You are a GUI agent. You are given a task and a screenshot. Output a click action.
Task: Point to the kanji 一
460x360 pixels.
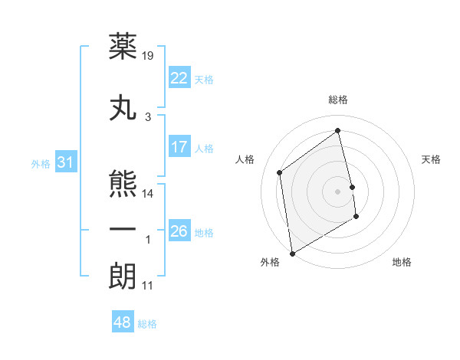tap(123, 229)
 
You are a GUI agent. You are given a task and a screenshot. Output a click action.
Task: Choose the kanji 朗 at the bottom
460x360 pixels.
tap(123, 277)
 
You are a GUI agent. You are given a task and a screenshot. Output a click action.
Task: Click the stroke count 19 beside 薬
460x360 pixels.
tap(149, 56)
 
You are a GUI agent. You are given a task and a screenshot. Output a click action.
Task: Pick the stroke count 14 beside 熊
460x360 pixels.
tap(149, 194)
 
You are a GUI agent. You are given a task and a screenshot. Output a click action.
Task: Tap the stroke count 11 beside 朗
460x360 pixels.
tap(148, 286)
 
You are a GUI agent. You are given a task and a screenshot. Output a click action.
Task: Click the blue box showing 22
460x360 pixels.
tap(179, 77)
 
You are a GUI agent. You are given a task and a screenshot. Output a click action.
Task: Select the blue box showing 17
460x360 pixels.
tap(179, 146)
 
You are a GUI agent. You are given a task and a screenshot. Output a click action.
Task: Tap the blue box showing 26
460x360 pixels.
tap(179, 231)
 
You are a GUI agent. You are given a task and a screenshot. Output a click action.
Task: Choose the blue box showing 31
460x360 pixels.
tap(65, 162)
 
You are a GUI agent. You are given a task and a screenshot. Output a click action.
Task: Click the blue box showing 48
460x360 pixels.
tap(123, 322)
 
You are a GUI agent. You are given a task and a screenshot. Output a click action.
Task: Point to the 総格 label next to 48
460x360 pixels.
tap(147, 324)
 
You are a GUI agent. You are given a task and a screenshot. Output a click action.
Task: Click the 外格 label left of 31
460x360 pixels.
tap(41, 163)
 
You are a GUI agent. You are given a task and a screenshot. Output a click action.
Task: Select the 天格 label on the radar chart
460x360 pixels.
tap(432, 159)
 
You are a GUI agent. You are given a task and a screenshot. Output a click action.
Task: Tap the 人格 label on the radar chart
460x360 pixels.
tap(245, 159)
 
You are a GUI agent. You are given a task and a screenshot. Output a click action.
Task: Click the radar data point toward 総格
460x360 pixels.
tap(337, 130)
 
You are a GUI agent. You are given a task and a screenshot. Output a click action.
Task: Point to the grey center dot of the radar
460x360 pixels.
tap(337, 191)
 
